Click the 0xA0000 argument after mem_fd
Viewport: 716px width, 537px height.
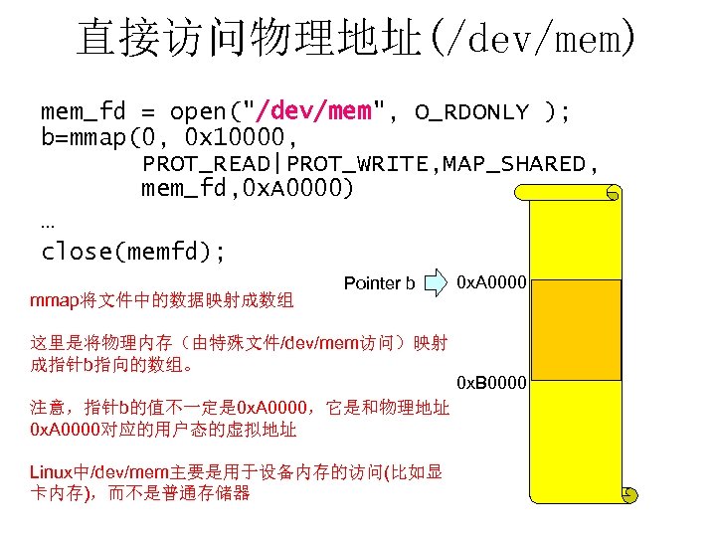point(297,189)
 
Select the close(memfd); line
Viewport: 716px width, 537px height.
point(133,251)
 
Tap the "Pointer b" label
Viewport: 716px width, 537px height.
point(379,283)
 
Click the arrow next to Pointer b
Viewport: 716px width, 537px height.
point(437,283)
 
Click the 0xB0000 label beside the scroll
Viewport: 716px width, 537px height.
point(490,382)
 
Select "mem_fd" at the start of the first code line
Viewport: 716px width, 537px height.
point(86,110)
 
